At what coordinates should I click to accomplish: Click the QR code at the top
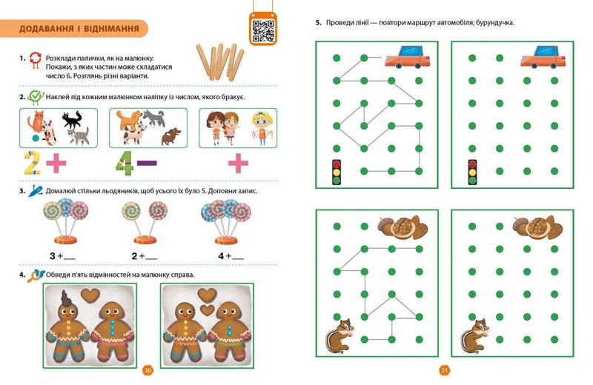(263, 30)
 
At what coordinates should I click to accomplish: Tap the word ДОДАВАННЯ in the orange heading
(47, 28)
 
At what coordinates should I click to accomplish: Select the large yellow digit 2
(32, 163)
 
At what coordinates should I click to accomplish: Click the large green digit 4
(125, 163)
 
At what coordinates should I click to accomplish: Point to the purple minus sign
(147, 163)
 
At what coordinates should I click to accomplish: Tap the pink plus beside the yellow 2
(56, 163)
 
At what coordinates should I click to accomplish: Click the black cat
(72, 119)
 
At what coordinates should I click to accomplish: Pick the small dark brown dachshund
(171, 136)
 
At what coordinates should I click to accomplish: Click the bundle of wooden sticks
(220, 61)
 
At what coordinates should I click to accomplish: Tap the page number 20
(148, 370)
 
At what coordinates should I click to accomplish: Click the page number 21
(444, 370)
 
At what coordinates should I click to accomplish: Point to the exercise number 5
(319, 23)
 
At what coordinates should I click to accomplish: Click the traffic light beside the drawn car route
(337, 173)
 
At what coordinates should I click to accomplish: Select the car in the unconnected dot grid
(543, 57)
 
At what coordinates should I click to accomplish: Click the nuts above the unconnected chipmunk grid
(538, 227)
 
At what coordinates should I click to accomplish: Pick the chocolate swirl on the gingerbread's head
(67, 298)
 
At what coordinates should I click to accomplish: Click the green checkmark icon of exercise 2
(36, 97)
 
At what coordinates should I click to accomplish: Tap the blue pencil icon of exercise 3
(36, 191)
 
